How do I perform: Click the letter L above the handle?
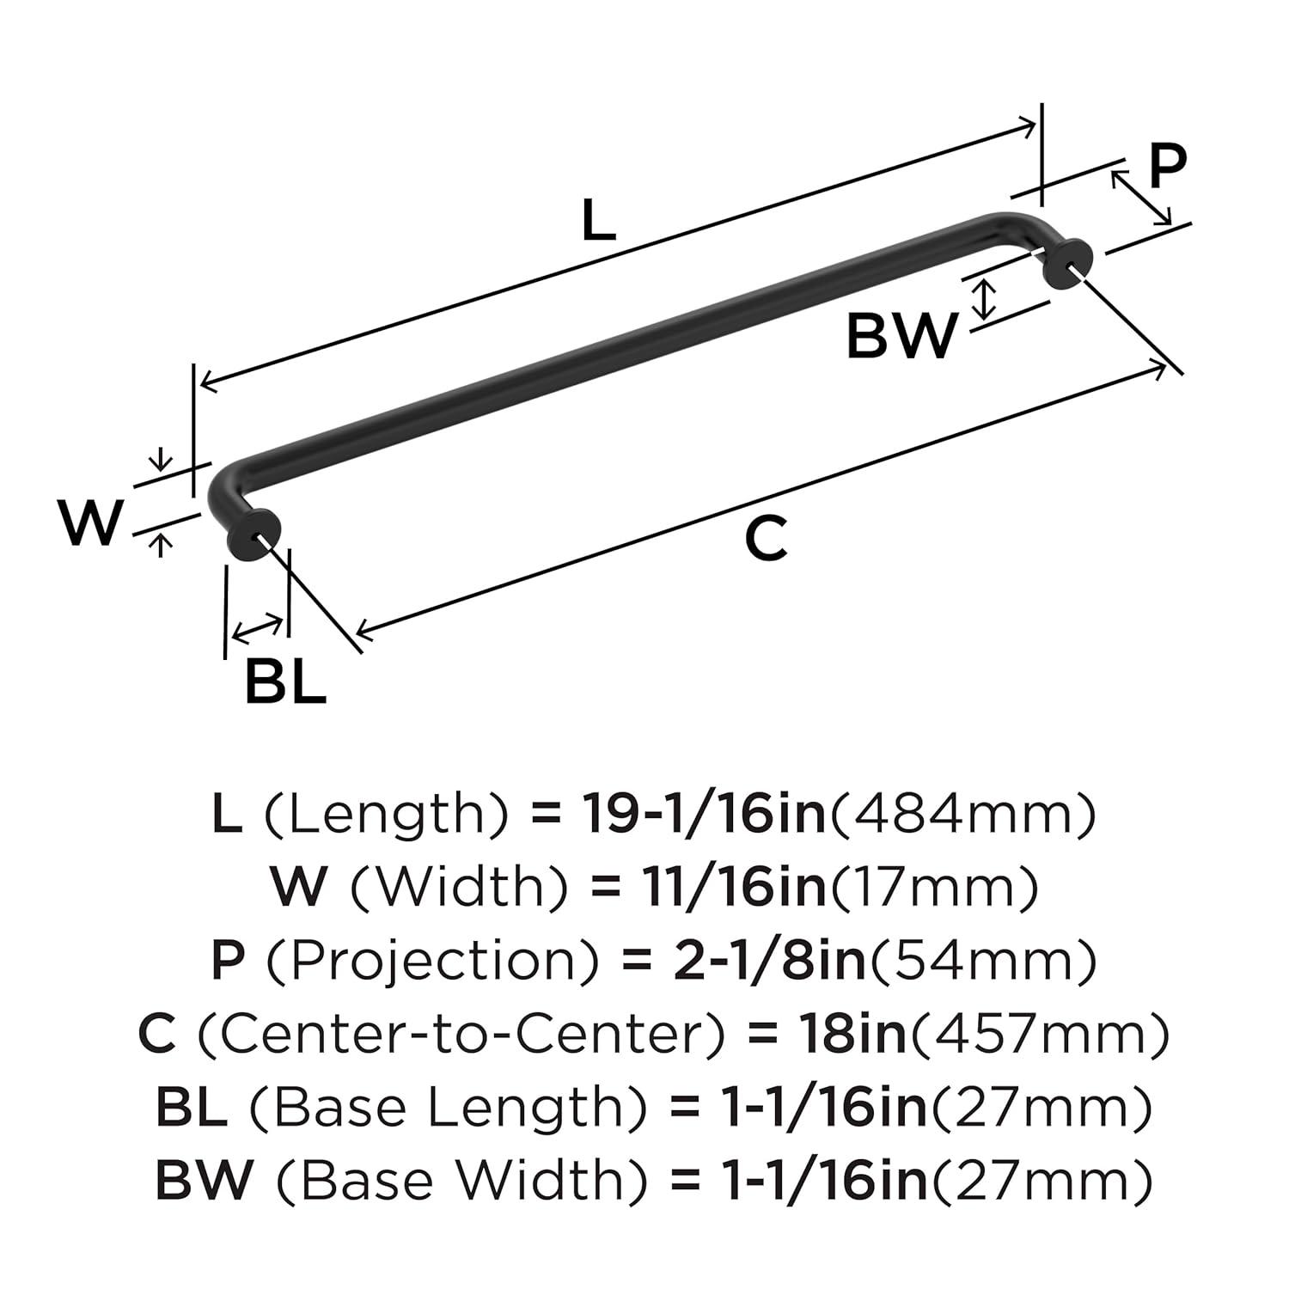pyautogui.click(x=599, y=220)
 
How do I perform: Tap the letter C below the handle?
pyautogui.click(x=765, y=539)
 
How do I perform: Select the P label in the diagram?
pyautogui.click(x=1166, y=167)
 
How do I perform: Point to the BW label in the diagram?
pyautogui.click(x=901, y=336)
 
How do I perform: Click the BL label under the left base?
pyautogui.click(x=285, y=682)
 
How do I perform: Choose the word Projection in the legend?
pyautogui.click(x=431, y=960)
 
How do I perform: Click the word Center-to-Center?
pyautogui.click(x=463, y=1034)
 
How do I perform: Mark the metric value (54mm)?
pyautogui.click(x=984, y=960)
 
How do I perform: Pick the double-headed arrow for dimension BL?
pyautogui.click(x=258, y=629)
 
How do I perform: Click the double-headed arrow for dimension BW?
pyautogui.click(x=987, y=298)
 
